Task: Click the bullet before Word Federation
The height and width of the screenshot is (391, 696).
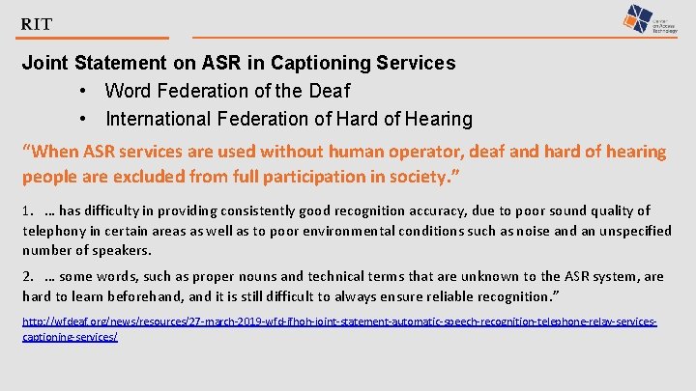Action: [85, 92]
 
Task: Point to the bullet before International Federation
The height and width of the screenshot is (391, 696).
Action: [85, 120]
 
